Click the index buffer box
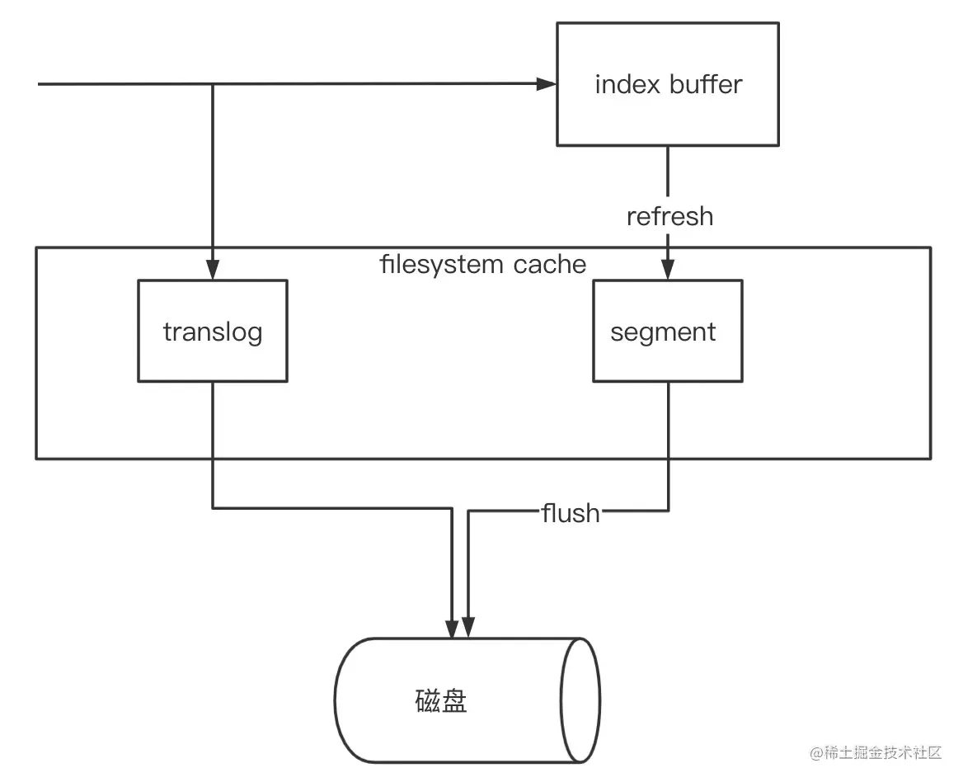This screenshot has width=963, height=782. (668, 84)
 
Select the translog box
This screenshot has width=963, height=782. (213, 331)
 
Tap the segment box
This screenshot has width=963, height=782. (668, 331)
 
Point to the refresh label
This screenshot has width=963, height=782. (669, 216)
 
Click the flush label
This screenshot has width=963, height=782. (570, 513)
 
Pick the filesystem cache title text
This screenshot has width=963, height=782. (483, 265)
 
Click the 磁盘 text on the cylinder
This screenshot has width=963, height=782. (441, 701)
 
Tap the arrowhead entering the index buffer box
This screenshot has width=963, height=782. (547, 84)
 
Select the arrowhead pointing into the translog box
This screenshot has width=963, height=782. (213, 270)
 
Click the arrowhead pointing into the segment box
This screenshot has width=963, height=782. (668, 270)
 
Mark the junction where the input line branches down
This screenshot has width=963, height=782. (213, 84)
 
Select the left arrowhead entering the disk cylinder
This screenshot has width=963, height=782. (453, 628)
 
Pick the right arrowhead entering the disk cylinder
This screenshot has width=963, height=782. (468, 628)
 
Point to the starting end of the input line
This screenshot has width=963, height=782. (40, 84)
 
